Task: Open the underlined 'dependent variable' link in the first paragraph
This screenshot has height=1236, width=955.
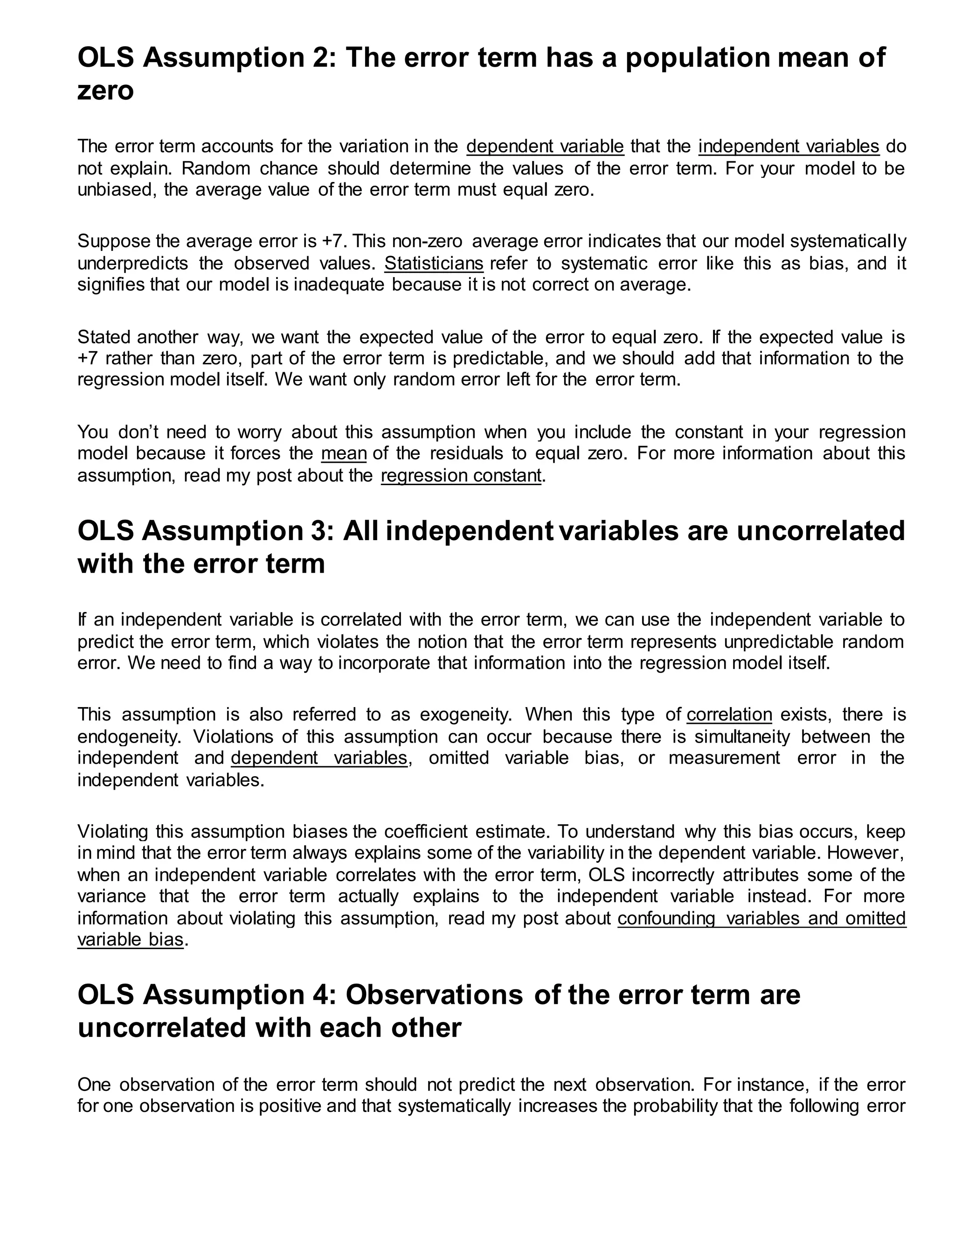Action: pos(545,146)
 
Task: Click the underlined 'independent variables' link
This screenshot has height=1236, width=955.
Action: pos(789,146)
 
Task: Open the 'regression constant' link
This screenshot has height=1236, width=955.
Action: pos(461,476)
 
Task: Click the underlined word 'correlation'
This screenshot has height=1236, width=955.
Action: pos(729,715)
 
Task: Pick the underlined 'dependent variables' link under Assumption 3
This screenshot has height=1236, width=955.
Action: pos(319,758)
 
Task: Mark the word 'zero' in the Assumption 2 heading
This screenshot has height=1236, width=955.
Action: pos(105,90)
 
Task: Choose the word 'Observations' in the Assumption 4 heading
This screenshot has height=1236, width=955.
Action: pos(434,995)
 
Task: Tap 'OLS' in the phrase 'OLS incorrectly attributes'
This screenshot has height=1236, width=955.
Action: pos(607,875)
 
